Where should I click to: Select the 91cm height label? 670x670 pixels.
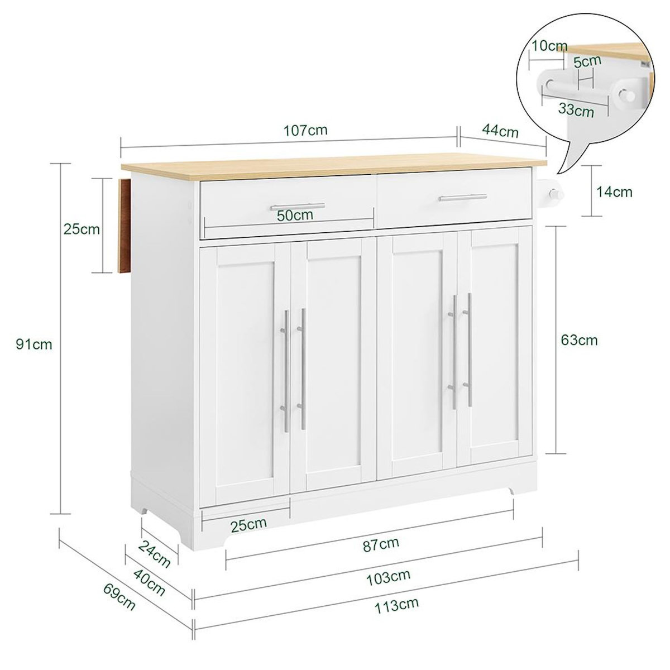coord(34,344)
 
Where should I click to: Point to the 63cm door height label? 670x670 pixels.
coord(580,339)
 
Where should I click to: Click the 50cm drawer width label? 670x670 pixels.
coord(295,215)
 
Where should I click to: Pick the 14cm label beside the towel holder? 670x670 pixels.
coord(614,192)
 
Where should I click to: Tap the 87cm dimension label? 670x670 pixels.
coord(381,543)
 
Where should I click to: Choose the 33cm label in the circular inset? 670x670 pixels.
coord(576,110)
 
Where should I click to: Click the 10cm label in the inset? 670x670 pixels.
coord(549,46)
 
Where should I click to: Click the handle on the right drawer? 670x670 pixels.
coord(462,197)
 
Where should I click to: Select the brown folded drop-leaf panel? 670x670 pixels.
coord(124,226)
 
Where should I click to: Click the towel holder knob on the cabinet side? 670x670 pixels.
coord(554,194)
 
